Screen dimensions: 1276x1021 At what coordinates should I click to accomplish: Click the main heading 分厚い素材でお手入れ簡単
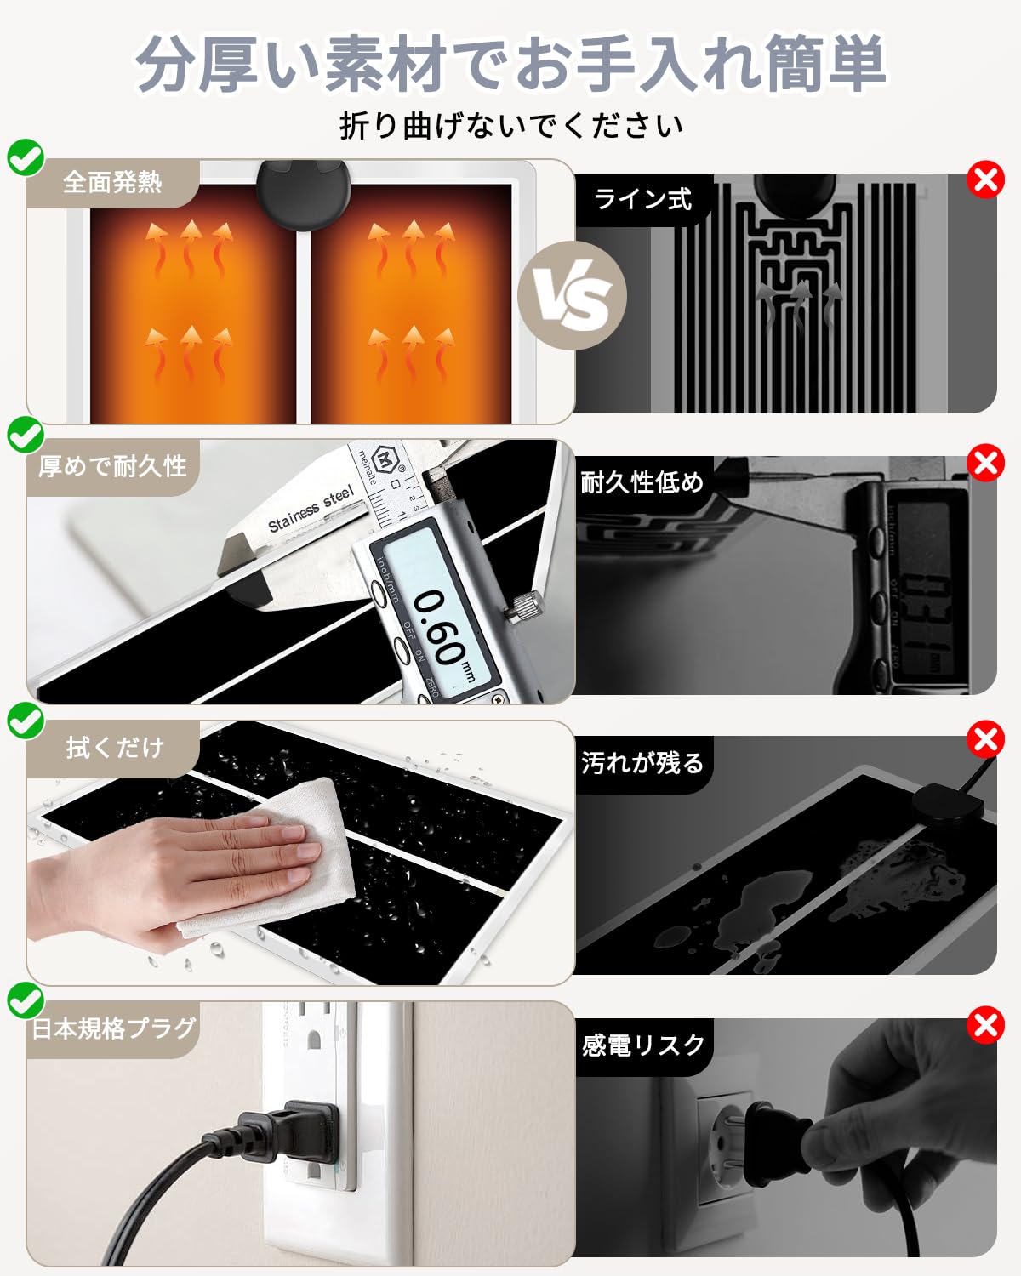click(x=510, y=64)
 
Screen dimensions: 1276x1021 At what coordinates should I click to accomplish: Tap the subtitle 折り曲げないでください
click(x=510, y=126)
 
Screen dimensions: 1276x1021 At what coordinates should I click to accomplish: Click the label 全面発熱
click(x=112, y=182)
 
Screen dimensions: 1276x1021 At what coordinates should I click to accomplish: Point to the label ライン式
click(x=643, y=199)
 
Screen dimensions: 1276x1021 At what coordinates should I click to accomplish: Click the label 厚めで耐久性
click(x=112, y=466)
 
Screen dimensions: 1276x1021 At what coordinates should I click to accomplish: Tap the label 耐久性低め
click(x=642, y=482)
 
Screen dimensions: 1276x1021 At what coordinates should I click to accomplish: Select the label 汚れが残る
click(x=642, y=763)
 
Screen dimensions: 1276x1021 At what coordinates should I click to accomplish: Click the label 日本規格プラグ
click(x=114, y=1028)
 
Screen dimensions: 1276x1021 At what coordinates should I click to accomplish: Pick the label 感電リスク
click(x=643, y=1045)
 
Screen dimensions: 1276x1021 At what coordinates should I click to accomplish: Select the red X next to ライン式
click(x=985, y=180)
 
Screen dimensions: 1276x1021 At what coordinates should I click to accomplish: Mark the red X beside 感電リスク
click(x=985, y=1025)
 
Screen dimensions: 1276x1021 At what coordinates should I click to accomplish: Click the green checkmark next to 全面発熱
click(x=26, y=157)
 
